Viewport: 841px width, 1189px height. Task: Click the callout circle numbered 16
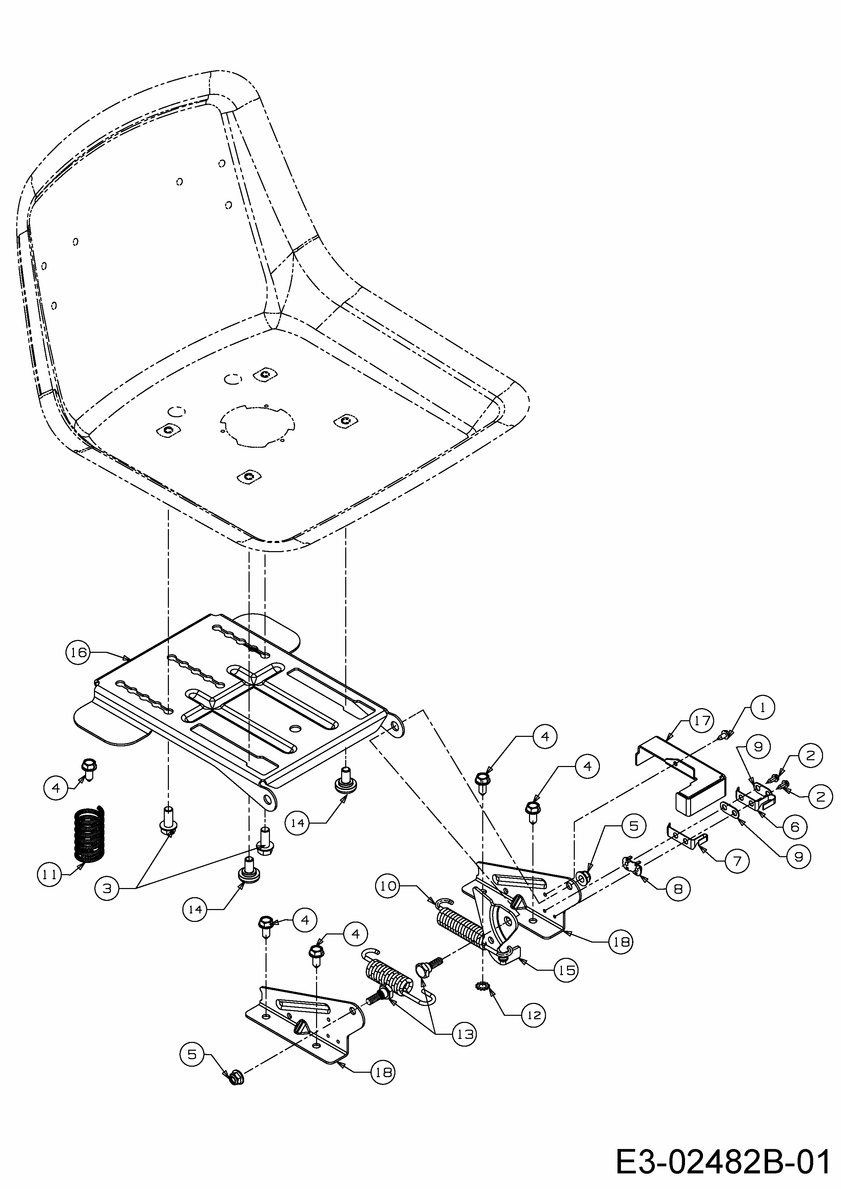point(78,652)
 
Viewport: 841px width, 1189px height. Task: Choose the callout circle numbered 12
point(534,1015)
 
